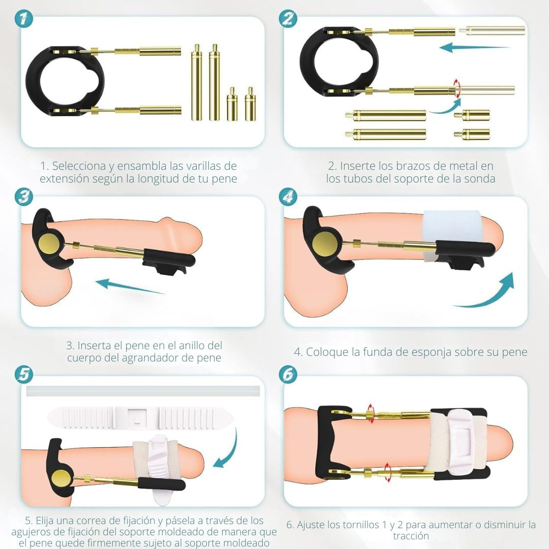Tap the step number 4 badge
point(288,197)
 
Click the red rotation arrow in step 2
point(457,89)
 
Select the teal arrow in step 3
point(130,286)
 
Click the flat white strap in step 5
point(140,417)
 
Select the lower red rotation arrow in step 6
point(387,472)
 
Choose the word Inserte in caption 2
point(358,166)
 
